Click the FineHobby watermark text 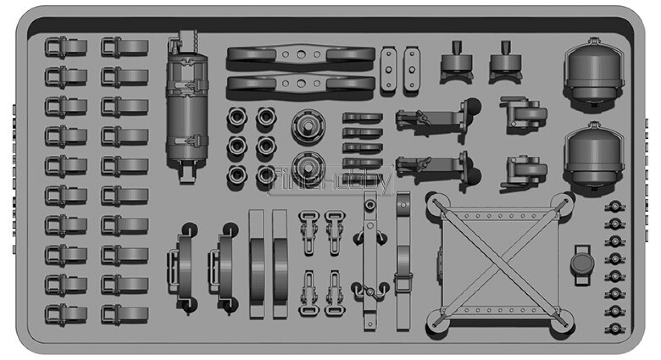click(331, 181)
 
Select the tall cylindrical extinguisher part click(187, 106)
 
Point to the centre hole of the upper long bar click(301, 54)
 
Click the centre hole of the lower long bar click(301, 83)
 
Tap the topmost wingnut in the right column click(615, 206)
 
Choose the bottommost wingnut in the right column click(615, 329)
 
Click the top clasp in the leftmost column click(66, 47)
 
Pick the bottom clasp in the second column click(124, 315)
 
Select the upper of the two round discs click(308, 126)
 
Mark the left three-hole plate click(389, 70)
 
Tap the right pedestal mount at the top click(506, 62)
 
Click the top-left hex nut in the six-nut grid click(237, 117)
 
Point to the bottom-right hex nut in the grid click(266, 175)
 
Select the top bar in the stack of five click(363, 117)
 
